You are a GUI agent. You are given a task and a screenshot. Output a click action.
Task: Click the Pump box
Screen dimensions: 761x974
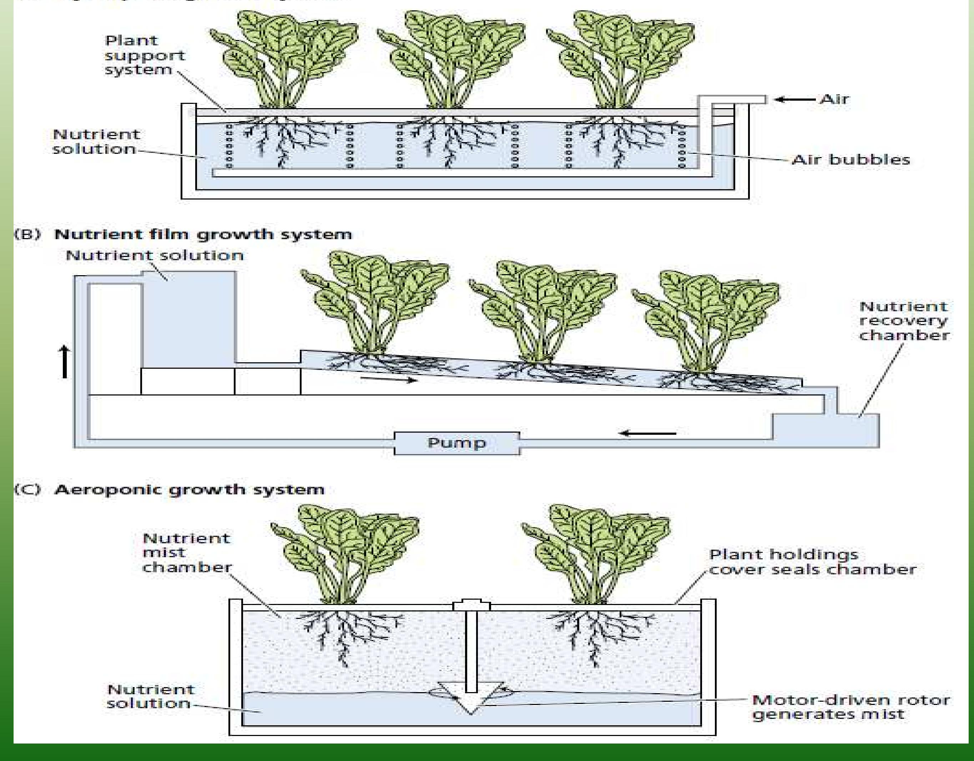457,443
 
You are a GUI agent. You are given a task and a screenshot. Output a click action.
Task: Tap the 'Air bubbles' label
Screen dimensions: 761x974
851,160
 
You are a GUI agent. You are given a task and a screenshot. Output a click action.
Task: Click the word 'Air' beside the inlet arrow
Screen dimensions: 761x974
834,99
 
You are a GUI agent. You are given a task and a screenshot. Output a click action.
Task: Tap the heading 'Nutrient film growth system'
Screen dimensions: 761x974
203,234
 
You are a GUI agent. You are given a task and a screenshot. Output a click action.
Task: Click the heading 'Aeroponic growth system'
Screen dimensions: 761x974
189,489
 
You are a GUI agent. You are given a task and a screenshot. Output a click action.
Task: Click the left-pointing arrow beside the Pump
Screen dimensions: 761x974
649,433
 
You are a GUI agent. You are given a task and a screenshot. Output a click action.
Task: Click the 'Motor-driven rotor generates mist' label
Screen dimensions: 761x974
851,707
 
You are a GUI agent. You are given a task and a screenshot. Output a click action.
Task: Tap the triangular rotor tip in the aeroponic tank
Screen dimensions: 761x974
471,705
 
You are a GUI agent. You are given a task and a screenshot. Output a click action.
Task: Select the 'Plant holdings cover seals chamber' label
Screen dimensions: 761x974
812,562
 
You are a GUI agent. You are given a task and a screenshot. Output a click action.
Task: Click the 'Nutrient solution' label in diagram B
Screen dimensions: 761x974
154,256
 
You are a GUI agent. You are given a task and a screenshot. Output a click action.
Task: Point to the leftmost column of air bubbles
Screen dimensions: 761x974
229,146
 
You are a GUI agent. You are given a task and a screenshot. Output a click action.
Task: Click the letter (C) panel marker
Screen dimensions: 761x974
27,489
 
